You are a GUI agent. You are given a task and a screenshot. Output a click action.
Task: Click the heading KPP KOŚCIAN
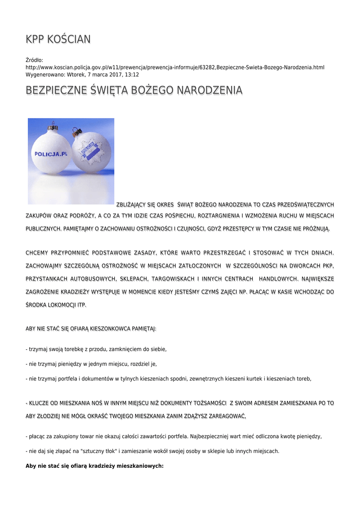(x=58, y=39)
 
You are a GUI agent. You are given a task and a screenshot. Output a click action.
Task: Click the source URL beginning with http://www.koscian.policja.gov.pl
(x=175, y=67)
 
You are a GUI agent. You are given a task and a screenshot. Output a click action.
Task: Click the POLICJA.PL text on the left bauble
(x=50, y=154)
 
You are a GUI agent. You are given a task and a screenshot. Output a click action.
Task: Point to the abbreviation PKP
(x=328, y=266)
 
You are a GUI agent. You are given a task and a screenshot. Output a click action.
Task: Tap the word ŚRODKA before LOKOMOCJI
(x=37, y=305)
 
